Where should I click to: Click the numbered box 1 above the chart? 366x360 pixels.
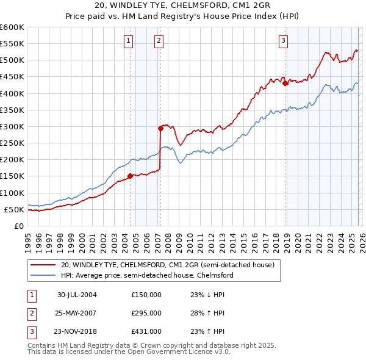coord(129,41)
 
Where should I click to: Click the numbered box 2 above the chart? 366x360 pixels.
coord(159,41)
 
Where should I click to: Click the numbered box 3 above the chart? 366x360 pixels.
coord(284,41)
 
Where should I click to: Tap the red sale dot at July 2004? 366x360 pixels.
coord(130,176)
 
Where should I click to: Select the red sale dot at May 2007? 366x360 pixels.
coord(160,128)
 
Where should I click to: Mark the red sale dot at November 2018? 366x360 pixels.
coord(285,84)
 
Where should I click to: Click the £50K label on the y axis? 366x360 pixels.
coord(14,209)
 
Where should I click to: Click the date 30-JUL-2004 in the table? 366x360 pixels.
coord(77,295)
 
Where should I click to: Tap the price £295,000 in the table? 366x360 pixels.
coord(146,313)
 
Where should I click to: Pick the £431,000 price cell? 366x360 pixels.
coord(146,331)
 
